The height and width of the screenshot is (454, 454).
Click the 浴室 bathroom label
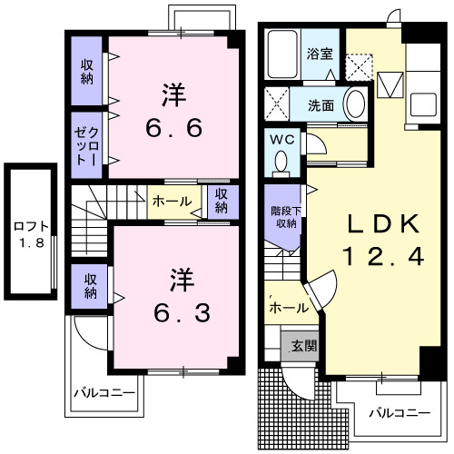(x=320, y=54)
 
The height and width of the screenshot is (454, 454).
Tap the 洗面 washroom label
(x=321, y=105)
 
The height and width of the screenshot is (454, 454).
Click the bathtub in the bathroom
(x=283, y=54)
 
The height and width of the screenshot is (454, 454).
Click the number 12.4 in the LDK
(x=382, y=257)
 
